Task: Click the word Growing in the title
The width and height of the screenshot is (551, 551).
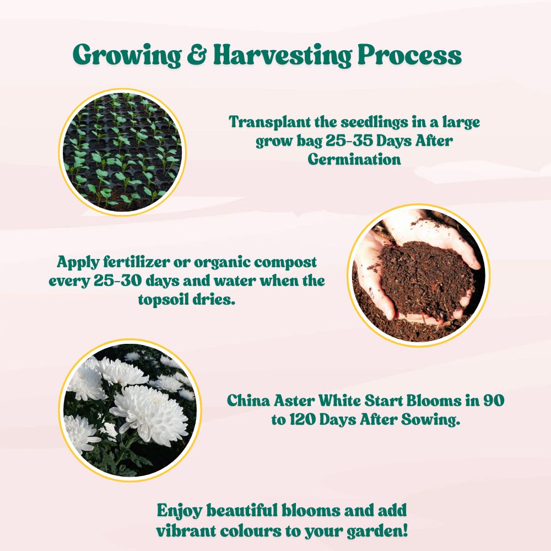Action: click(127, 55)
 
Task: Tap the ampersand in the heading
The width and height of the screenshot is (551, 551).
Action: click(197, 55)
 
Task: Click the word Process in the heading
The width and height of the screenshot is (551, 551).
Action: click(410, 55)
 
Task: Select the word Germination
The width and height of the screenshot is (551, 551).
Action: click(354, 159)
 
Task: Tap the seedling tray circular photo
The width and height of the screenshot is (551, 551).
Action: click(122, 152)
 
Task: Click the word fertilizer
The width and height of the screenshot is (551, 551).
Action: click(136, 262)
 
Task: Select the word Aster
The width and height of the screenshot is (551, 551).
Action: click(294, 401)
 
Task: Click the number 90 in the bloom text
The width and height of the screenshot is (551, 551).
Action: click(494, 401)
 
